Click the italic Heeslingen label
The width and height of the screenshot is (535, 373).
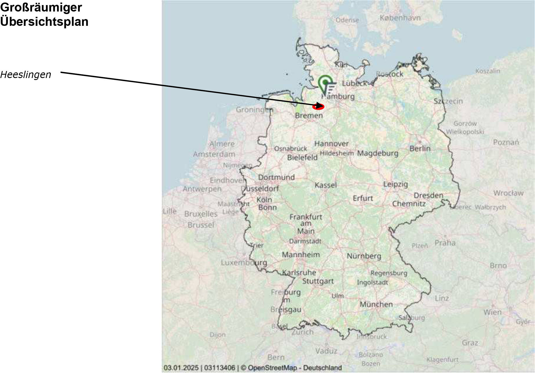tap(26, 75)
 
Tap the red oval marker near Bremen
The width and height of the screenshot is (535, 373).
tap(318, 107)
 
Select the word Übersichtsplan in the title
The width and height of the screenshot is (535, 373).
tap(44, 22)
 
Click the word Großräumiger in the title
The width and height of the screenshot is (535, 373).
tap(41, 8)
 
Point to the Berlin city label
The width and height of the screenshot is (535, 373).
tap(420, 148)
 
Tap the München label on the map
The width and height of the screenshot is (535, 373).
tap(376, 304)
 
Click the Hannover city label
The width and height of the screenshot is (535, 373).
tap(331, 144)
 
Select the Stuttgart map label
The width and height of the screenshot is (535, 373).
tap(318, 281)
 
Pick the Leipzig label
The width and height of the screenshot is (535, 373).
tap(396, 184)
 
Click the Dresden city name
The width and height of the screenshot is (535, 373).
tap(428, 195)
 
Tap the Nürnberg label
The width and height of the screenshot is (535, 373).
tap(364, 256)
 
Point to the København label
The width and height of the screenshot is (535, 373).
tap(400, 18)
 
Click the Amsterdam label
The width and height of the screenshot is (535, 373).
tap(214, 154)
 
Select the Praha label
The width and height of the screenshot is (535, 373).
tap(445, 243)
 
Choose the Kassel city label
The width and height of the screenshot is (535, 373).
tap(325, 185)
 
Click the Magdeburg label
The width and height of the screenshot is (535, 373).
tap(378, 153)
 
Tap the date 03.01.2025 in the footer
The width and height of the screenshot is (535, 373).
tap(181, 368)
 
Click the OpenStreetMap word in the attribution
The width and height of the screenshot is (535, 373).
tap(272, 368)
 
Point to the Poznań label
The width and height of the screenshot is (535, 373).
tap(506, 142)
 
